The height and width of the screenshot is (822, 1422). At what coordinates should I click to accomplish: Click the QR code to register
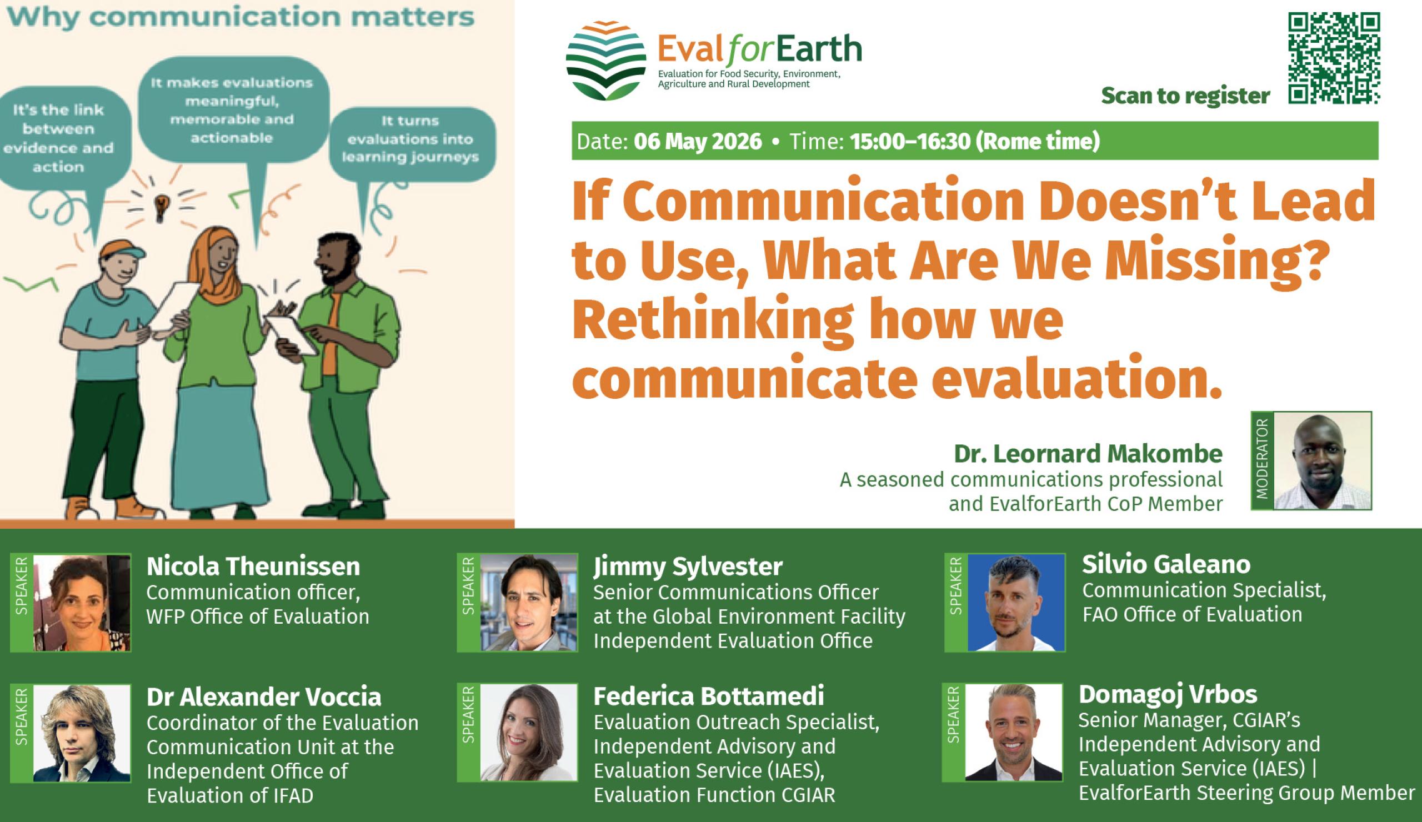1335,59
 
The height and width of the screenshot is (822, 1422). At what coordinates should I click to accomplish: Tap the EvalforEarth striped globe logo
606,61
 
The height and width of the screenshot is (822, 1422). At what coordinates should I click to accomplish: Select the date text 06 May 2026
698,141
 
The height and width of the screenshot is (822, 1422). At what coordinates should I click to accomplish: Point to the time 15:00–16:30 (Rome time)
975,141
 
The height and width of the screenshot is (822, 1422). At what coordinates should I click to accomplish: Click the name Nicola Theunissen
253,567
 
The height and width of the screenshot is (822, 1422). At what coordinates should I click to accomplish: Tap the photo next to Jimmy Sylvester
529,603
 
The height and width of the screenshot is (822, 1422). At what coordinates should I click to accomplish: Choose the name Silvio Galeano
1166,565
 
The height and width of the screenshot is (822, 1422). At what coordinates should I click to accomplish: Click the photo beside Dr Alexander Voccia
82,734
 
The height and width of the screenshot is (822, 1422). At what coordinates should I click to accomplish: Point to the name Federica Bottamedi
709,696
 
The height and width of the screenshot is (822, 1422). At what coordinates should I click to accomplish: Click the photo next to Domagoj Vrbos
1014,732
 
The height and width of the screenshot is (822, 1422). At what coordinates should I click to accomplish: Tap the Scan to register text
1185,96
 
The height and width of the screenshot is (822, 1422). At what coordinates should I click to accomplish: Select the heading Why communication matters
241,17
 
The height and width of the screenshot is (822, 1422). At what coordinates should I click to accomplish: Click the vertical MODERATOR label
1263,461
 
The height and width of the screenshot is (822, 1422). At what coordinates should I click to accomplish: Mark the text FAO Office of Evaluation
1193,614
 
